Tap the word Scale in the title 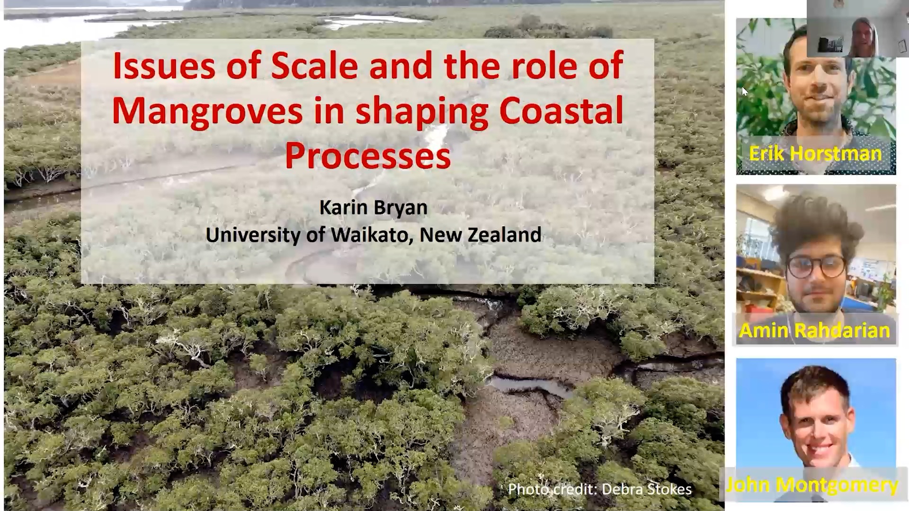click(314, 66)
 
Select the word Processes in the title click(368, 156)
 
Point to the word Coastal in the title click(561, 111)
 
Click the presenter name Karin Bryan click(374, 208)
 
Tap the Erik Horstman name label click(815, 154)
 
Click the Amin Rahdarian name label click(815, 330)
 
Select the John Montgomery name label click(812, 485)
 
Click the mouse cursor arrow click(745, 91)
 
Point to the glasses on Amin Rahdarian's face click(816, 266)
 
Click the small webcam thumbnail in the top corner click(858, 28)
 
